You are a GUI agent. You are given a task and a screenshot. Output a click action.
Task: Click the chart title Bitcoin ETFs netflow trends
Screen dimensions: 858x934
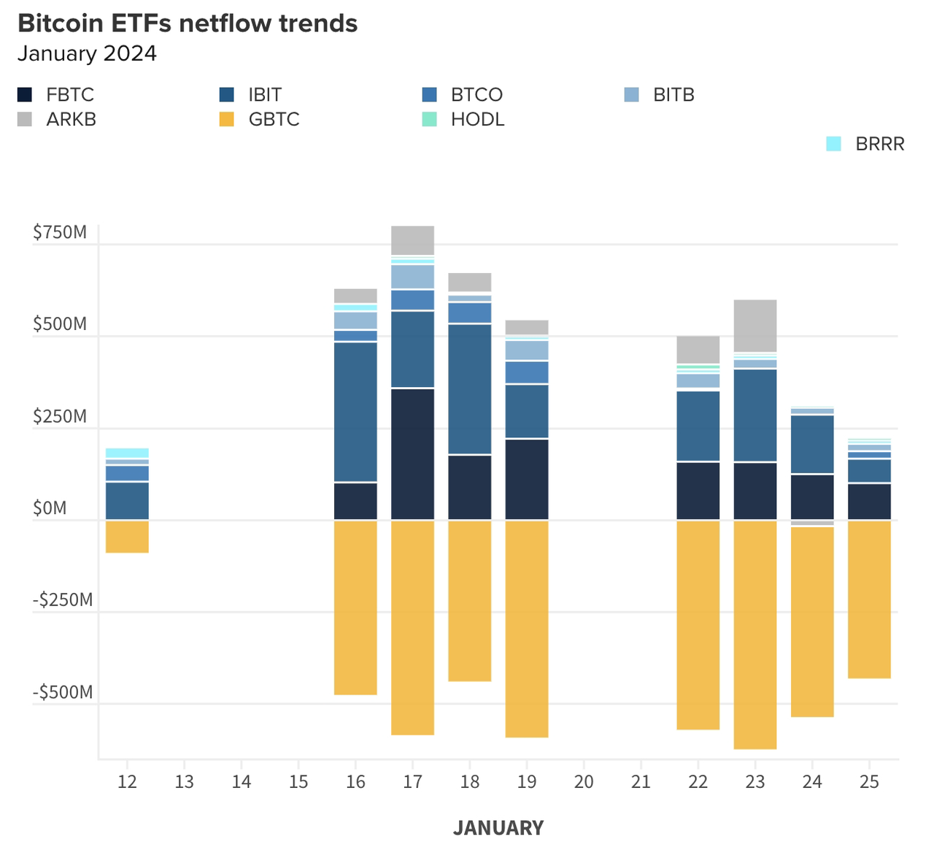click(x=188, y=23)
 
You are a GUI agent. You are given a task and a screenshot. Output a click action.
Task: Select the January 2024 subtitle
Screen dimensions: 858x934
click(x=87, y=54)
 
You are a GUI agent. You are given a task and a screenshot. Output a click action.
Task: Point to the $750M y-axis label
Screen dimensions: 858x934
click(x=60, y=233)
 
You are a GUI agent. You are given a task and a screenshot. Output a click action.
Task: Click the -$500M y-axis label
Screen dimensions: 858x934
click(x=63, y=692)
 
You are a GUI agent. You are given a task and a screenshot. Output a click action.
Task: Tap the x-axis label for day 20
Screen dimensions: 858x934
click(x=584, y=782)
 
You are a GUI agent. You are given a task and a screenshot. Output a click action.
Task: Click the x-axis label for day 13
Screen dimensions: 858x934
click(x=184, y=782)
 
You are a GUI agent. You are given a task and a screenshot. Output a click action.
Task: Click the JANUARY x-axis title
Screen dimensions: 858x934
click(x=498, y=828)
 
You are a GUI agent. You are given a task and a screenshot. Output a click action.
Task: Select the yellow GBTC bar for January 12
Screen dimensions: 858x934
click(x=127, y=537)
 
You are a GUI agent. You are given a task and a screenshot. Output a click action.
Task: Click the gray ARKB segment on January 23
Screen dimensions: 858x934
click(x=754, y=326)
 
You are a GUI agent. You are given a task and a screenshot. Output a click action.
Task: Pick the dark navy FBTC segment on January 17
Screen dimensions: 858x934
click(x=412, y=454)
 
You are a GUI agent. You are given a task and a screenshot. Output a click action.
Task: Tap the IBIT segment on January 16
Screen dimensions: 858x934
click(x=355, y=412)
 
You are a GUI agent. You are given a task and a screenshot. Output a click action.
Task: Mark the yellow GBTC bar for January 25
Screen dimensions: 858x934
click(x=869, y=600)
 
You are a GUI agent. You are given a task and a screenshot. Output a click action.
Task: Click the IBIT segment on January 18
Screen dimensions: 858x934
click(x=469, y=388)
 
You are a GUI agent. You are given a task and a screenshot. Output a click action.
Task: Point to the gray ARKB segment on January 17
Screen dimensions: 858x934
click(x=412, y=240)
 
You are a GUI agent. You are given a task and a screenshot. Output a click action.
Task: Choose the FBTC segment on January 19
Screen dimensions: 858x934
click(x=527, y=480)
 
